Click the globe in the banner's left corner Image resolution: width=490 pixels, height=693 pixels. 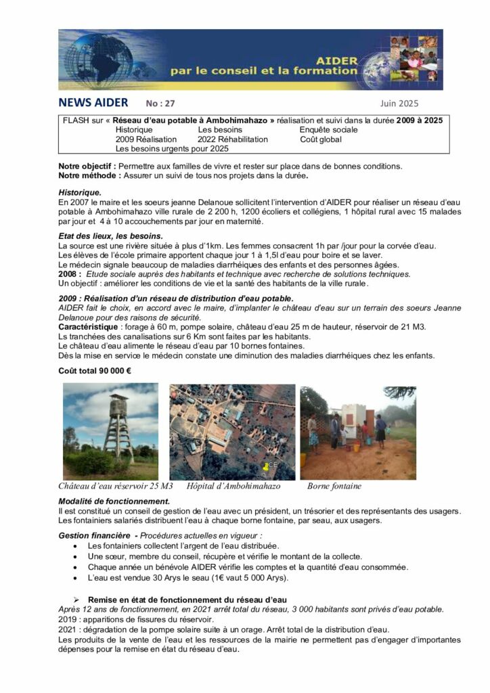pos(85,60)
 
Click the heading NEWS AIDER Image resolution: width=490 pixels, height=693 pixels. pos(93,104)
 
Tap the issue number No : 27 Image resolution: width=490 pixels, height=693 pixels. pos(160,104)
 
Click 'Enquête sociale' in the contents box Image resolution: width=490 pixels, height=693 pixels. pos(328,129)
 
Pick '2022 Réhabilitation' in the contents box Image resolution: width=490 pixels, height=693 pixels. pos(233,139)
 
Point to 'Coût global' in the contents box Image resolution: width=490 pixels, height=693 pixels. pos(321,139)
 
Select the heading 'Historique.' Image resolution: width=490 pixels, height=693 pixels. pos(80,192)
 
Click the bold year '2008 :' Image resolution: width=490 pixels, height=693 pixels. pos(70,274)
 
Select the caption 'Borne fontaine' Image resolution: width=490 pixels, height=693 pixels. pos(334,486)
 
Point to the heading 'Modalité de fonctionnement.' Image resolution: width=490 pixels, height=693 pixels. pos(114,501)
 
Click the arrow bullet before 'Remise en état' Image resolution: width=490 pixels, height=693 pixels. pos(76,600)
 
